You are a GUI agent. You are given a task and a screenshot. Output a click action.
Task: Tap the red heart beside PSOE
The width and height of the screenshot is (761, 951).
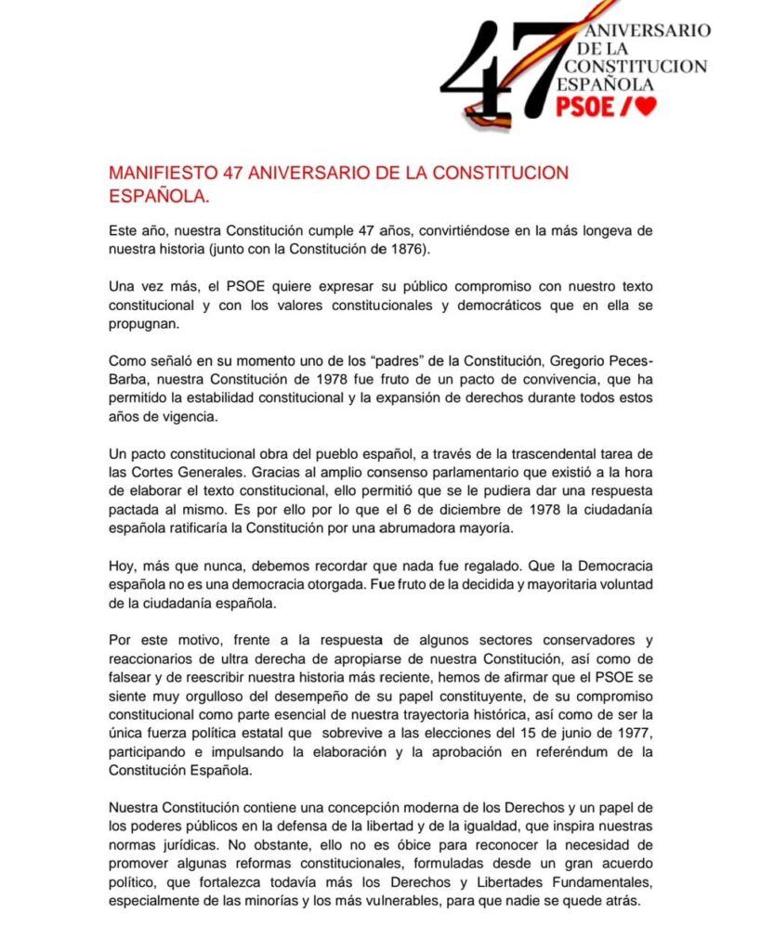pos(647,107)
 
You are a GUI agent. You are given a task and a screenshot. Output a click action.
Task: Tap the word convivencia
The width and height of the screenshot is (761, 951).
pos(509,379)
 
